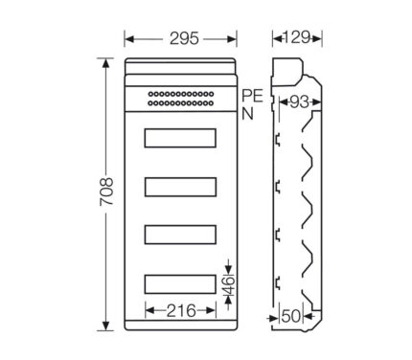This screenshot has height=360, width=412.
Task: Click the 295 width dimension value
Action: (x=184, y=38)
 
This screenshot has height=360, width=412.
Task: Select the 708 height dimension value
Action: (x=106, y=191)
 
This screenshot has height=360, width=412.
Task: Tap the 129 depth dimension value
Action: (x=296, y=37)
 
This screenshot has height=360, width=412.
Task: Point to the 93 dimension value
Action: (x=299, y=102)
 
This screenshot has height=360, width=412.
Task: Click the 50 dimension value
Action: (x=291, y=317)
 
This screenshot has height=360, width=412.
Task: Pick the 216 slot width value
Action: (x=181, y=310)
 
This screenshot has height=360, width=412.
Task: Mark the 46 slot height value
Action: (x=229, y=285)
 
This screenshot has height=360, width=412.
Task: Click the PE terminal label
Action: (x=252, y=96)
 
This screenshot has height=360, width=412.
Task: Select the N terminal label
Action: (x=247, y=114)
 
